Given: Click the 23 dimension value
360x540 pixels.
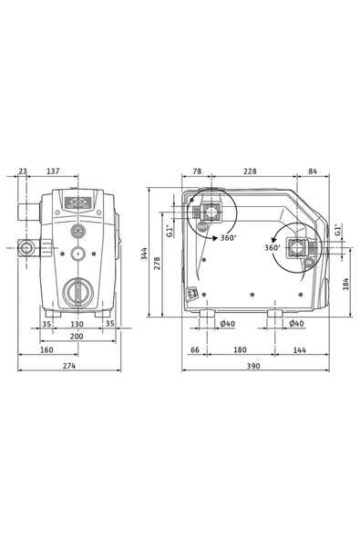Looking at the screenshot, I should pos(23,171).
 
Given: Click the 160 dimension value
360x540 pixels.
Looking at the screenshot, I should pos(46,350).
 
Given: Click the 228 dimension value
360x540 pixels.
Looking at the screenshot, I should pos(249,171).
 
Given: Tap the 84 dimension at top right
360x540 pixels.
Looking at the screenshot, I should pos(314,171).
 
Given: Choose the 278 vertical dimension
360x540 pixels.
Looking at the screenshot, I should pos(159,263).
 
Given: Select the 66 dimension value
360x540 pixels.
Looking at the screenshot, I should pos(194,350).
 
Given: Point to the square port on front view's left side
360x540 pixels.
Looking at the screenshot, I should pos(26,247).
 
